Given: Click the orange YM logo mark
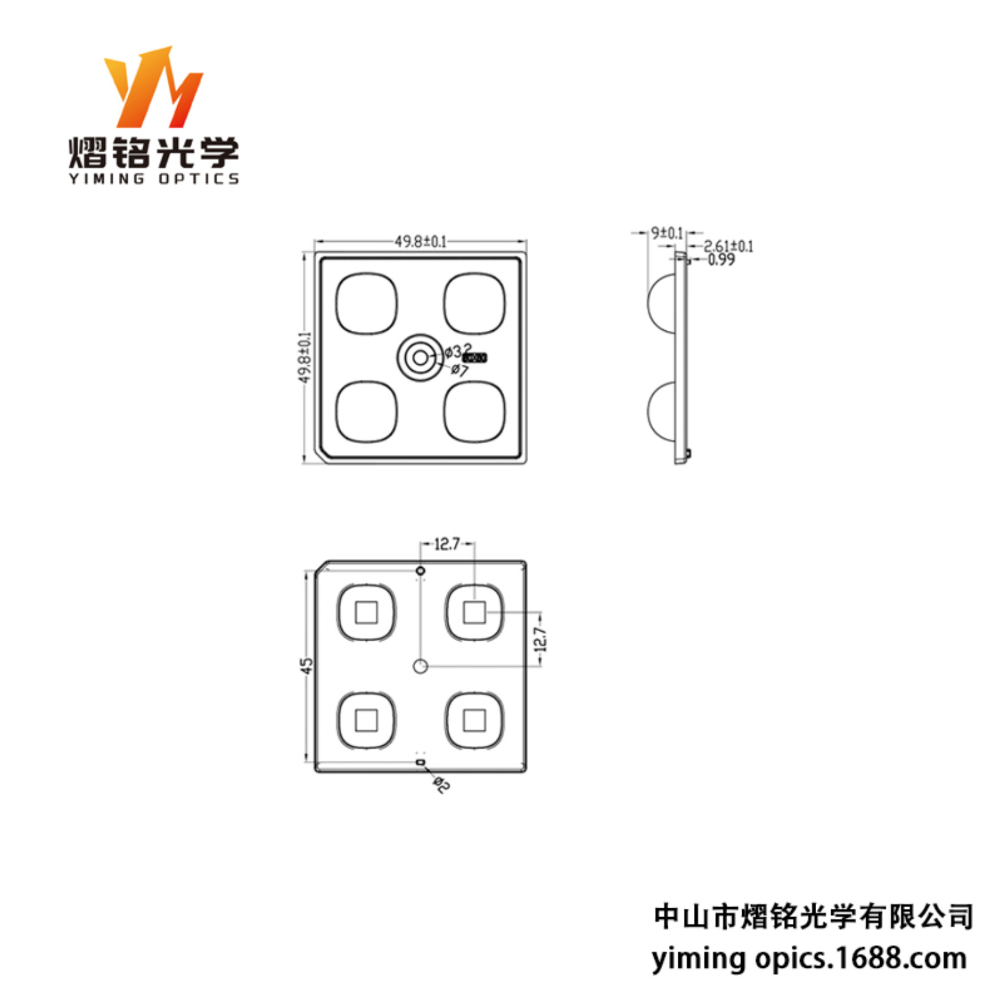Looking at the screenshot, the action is [153, 88].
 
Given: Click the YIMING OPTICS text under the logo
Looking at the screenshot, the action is [153, 179].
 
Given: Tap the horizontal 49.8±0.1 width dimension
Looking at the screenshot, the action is [420, 241].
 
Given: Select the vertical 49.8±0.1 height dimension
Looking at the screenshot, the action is [305, 357].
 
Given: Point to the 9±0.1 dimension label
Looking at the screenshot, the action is [666, 232].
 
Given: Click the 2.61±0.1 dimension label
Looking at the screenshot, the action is [728, 246].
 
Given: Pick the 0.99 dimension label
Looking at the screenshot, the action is [721, 260].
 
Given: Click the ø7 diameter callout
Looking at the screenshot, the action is [459, 370].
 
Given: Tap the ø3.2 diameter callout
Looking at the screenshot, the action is [458, 350].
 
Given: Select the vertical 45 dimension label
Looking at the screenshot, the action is [306, 666].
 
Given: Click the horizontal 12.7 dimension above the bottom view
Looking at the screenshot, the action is [447, 544].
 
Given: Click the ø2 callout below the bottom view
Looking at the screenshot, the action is [441, 785].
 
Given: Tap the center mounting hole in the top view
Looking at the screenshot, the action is [420, 358].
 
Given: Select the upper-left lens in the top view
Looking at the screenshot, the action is [366, 303].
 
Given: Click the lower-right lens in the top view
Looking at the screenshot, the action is [474, 412].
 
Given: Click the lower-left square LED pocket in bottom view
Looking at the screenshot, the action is [366, 720].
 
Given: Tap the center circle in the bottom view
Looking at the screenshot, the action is [420, 666].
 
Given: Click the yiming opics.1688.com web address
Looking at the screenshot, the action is [808, 959].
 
